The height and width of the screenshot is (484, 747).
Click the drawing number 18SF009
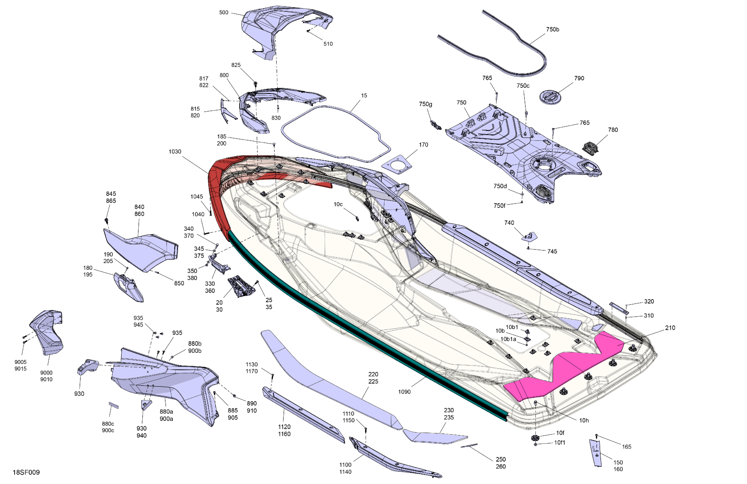[26, 472]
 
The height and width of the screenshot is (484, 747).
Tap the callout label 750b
[552, 30]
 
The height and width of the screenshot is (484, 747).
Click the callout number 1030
[175, 152]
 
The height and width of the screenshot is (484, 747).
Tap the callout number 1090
[404, 392]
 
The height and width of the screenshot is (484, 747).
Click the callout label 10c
[338, 204]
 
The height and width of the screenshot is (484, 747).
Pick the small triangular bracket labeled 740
[530, 236]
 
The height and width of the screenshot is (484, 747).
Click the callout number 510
[328, 44]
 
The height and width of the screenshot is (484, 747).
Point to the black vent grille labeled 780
[590, 147]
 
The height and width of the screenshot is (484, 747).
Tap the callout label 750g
[426, 104]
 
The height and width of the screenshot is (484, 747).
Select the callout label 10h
[584, 421]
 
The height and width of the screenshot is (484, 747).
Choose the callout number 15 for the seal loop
[364, 96]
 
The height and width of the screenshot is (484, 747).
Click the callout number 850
[179, 283]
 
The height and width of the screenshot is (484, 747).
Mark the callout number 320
[649, 302]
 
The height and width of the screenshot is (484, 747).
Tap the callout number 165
[626, 447]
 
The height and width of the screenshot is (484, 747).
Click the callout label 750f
[499, 206]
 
